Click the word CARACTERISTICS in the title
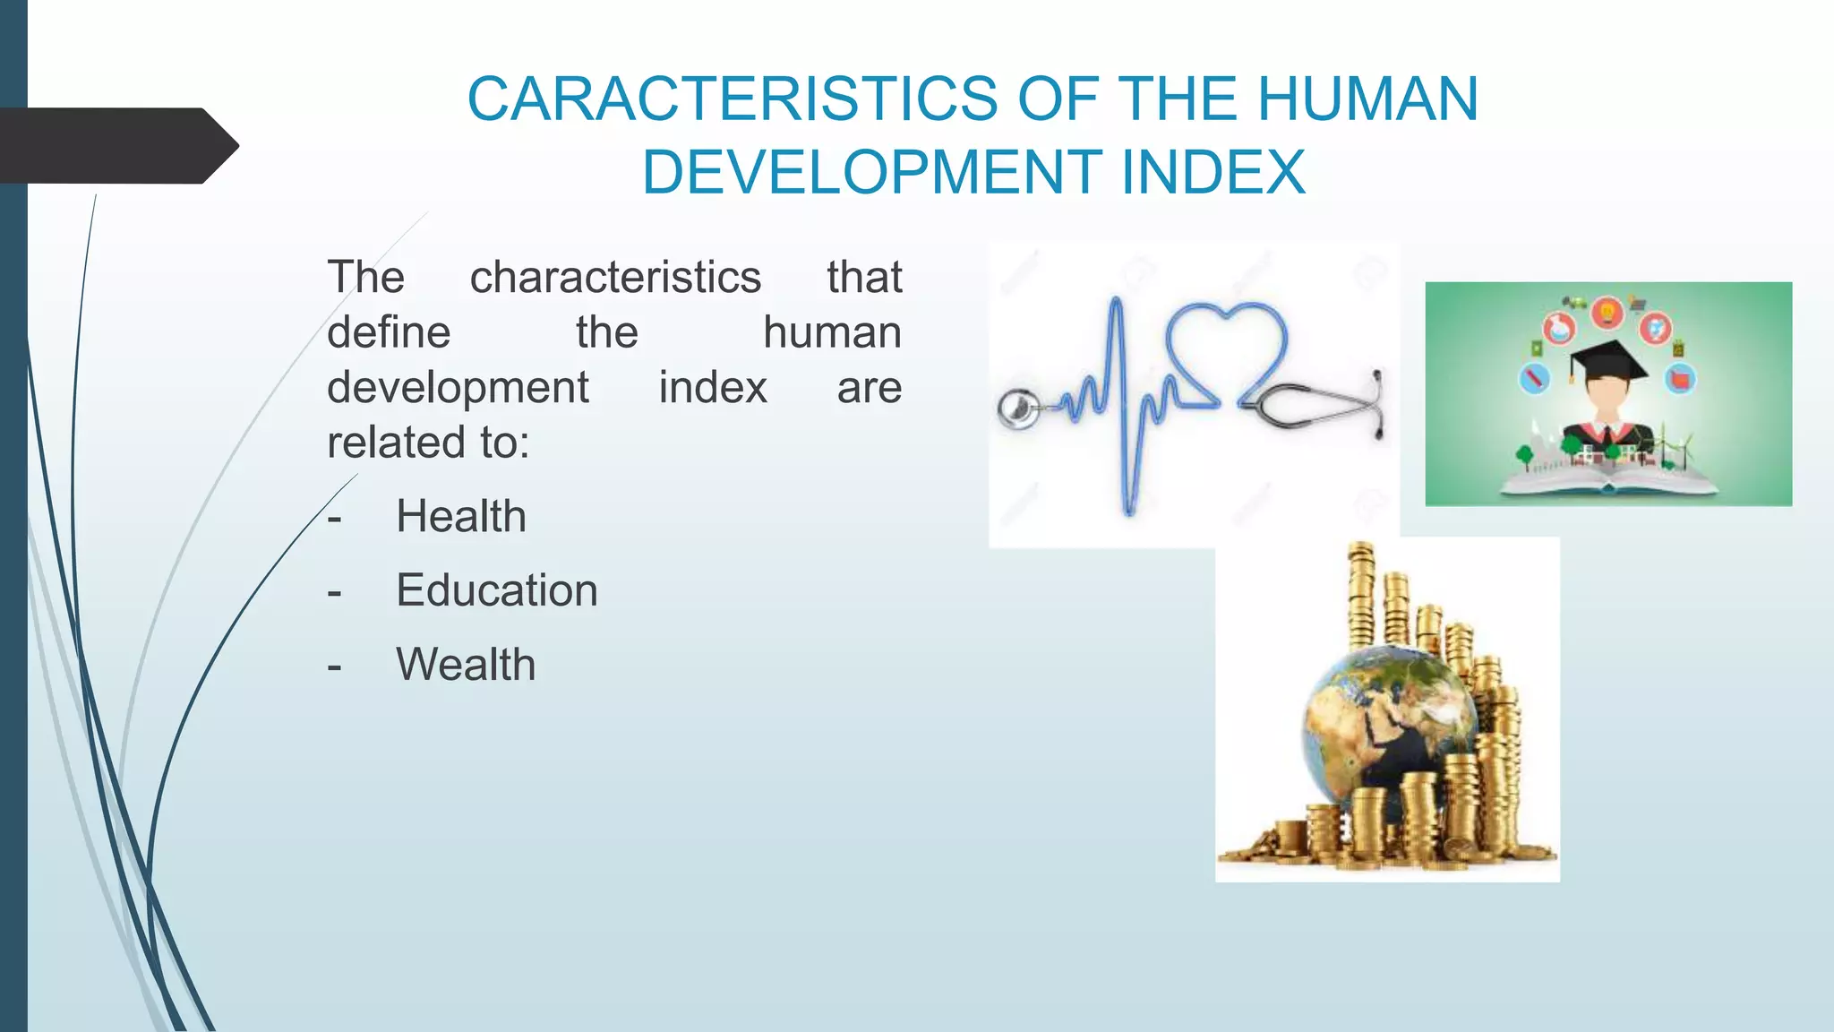point(732,99)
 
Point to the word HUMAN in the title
point(1367,99)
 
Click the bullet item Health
point(461,517)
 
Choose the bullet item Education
point(497,591)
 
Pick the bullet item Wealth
point(466,665)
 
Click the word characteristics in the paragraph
point(615,278)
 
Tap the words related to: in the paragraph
point(428,443)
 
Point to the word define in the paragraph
point(389,333)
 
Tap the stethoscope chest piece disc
point(1018,409)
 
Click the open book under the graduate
point(1608,484)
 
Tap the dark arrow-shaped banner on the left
point(116,146)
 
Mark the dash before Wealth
point(335,666)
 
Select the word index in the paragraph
point(713,388)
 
